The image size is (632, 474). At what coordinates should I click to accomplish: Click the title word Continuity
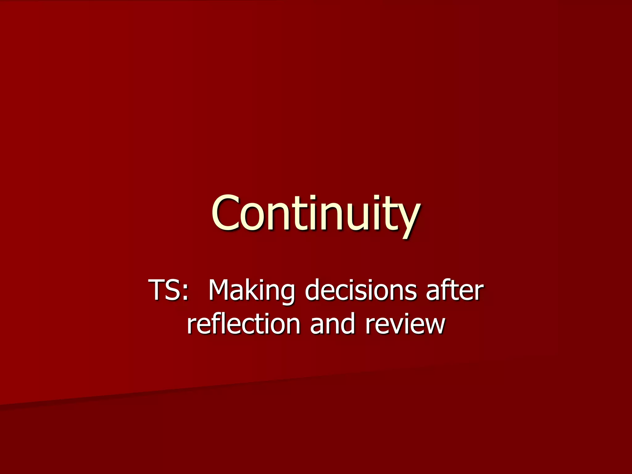(x=315, y=213)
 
